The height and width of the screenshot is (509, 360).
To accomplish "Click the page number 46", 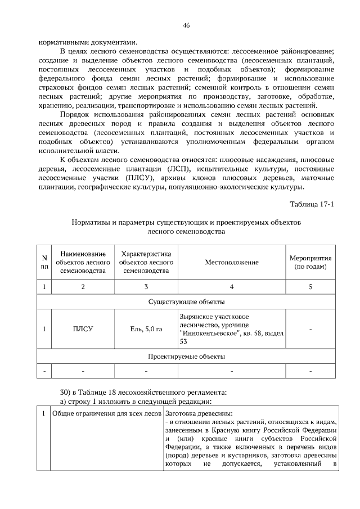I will click(186, 25).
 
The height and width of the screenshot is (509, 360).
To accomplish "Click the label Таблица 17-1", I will click(312, 204).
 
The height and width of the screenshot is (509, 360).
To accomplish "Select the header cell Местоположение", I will click(232, 263).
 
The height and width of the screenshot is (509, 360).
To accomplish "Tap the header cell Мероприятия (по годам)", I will click(310, 262).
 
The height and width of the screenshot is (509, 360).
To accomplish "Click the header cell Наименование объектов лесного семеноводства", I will click(83, 263).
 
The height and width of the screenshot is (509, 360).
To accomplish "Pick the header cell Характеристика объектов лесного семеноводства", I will click(146, 263).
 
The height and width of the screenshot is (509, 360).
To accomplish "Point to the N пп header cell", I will click(44, 263).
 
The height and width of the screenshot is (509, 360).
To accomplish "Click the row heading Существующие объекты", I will click(186, 303).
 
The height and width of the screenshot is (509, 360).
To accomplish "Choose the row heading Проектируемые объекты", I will click(186, 357).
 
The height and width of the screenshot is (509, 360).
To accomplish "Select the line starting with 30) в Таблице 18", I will click(143, 391).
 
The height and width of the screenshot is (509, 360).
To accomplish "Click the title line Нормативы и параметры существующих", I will click(186, 222).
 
